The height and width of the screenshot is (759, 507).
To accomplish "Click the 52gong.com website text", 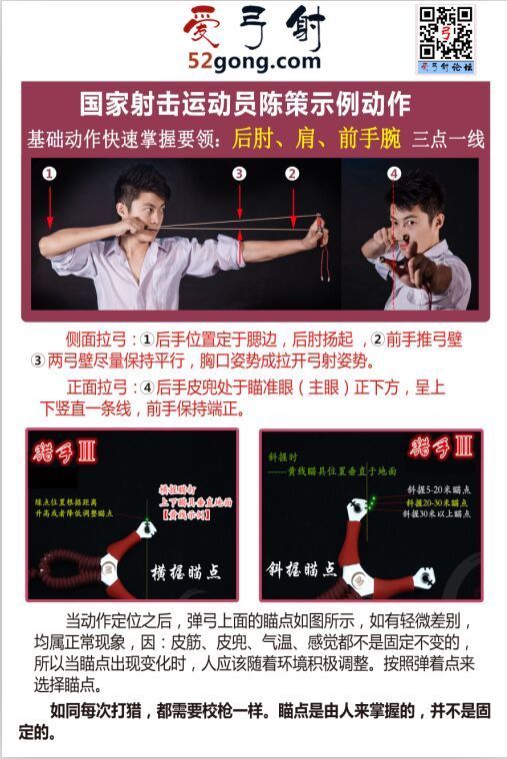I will click(254, 62).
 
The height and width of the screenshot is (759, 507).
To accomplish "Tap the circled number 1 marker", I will click(49, 174).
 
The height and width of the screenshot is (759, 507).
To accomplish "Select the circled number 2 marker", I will click(292, 174).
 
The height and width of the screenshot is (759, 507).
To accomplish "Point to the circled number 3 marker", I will click(239, 174).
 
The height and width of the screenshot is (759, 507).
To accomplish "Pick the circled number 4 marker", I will click(394, 174).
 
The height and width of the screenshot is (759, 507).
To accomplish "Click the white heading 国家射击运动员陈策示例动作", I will click(244, 105).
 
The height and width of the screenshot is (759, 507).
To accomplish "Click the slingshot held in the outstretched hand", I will click(322, 232).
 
